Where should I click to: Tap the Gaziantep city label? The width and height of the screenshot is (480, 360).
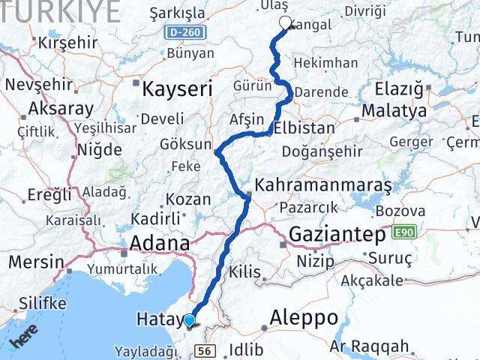coord(337,233)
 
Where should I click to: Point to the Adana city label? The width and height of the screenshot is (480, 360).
coord(159,243)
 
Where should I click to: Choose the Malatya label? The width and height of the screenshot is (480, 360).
coord(393,111)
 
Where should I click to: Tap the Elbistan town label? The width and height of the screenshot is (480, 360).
coord(304,127)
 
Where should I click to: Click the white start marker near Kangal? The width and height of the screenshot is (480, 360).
coord(285,23)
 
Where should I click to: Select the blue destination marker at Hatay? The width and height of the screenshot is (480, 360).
coord(189,321)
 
